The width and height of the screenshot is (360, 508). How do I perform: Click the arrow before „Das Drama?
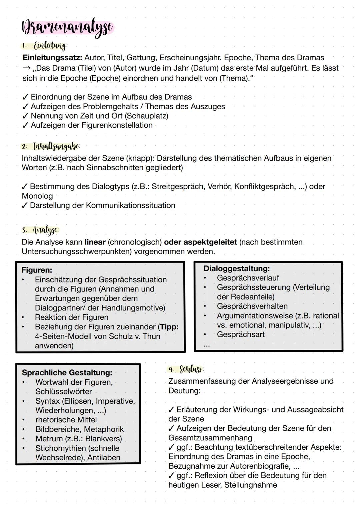tap(26, 68)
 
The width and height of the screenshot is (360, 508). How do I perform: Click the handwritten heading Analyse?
tap(45, 230)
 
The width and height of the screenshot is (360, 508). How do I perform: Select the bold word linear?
tap(95, 242)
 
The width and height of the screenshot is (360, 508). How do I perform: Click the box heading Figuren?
tap(37, 270)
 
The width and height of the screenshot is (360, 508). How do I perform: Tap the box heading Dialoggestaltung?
tap(236, 268)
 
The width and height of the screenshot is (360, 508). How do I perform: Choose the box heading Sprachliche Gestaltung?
tap(67, 372)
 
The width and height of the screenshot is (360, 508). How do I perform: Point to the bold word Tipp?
tap(168, 327)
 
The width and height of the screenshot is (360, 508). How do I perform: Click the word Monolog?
tap(37, 196)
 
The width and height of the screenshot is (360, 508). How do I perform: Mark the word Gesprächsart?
tap(241, 334)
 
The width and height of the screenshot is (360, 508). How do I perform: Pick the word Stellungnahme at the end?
tap(250, 485)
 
